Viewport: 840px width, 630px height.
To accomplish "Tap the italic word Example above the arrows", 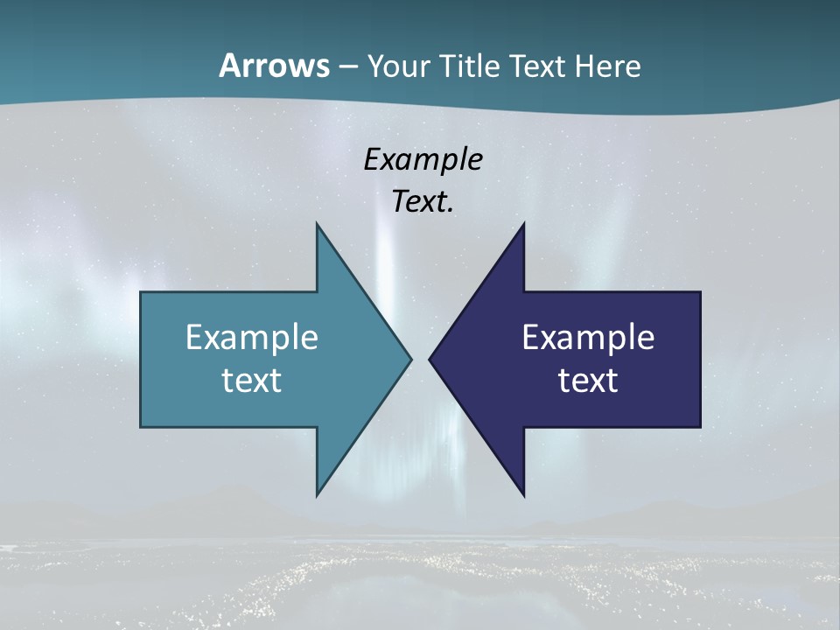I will point(423,159).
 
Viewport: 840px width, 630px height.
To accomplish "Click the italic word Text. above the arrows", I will point(423,201).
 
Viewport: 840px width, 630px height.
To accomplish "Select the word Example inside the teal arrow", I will point(252,337).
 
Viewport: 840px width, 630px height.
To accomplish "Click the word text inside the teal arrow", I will point(252,380).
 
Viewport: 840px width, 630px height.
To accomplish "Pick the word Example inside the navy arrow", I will point(588,337).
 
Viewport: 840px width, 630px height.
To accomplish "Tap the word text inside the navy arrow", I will point(588,380).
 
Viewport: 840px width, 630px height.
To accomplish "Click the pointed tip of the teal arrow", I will point(410,359).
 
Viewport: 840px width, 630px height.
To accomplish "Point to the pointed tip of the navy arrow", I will point(430,359).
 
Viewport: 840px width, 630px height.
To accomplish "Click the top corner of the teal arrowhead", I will point(317,224).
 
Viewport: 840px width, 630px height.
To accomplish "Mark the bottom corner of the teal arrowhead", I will point(317,495).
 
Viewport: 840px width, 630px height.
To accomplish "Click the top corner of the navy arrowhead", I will point(523,224).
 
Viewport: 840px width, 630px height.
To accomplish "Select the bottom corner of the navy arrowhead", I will point(523,495).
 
